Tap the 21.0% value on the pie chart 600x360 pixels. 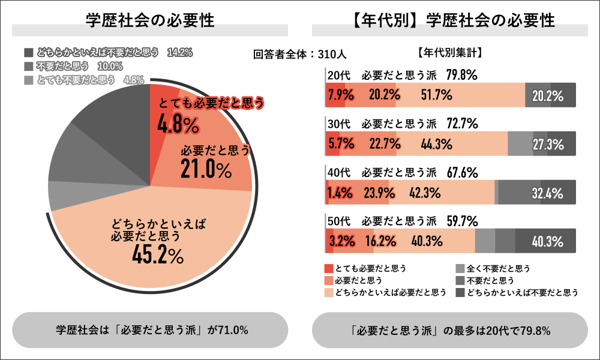(206, 170)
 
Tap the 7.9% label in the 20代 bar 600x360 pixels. (340, 95)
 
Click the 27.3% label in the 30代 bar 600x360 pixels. (547, 144)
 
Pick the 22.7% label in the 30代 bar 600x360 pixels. (385, 144)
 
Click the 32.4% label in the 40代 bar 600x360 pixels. (547, 193)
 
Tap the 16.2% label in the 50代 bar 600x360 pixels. (380, 242)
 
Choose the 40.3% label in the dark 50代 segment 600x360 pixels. (547, 242)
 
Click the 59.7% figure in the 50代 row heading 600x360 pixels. (463, 220)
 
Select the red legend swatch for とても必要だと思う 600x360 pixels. (328, 268)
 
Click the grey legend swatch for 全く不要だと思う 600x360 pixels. (460, 268)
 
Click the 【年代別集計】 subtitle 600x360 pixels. (449, 53)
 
